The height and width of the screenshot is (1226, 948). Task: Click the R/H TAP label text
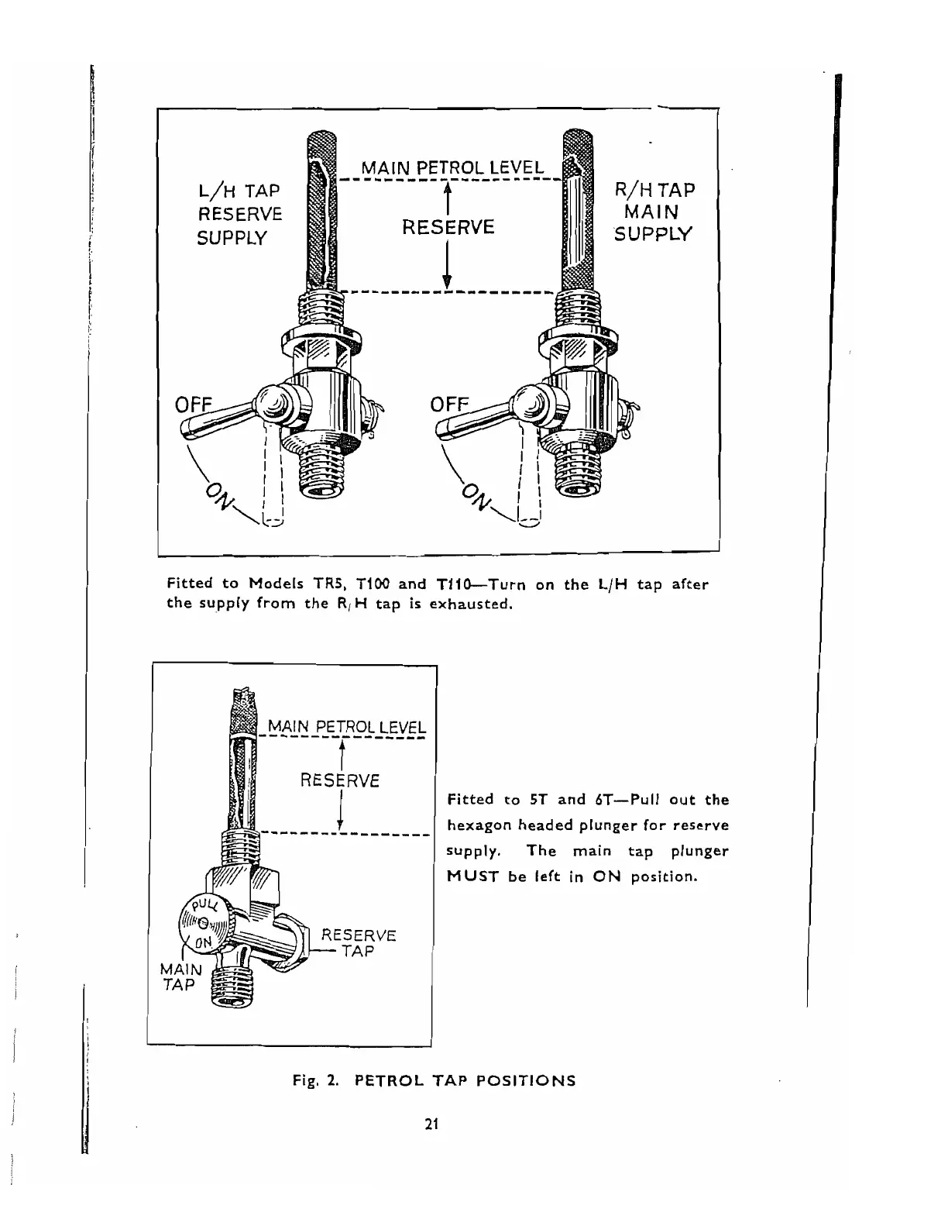(x=654, y=190)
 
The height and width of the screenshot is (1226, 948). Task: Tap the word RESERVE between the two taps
(x=448, y=227)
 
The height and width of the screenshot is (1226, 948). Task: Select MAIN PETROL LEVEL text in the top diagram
(x=453, y=168)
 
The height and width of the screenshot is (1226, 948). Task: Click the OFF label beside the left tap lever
(x=196, y=405)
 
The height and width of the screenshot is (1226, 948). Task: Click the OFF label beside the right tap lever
(x=450, y=405)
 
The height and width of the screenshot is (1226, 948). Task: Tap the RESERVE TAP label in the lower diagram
(x=359, y=942)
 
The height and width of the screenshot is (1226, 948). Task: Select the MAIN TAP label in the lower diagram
(x=180, y=976)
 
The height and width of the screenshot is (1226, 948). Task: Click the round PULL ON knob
(x=203, y=923)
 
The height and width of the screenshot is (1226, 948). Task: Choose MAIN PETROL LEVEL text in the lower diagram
(x=346, y=728)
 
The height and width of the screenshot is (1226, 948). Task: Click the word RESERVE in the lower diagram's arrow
(x=339, y=780)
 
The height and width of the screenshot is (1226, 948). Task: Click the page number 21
(x=432, y=1125)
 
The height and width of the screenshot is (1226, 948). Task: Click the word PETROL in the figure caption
(x=391, y=1080)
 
